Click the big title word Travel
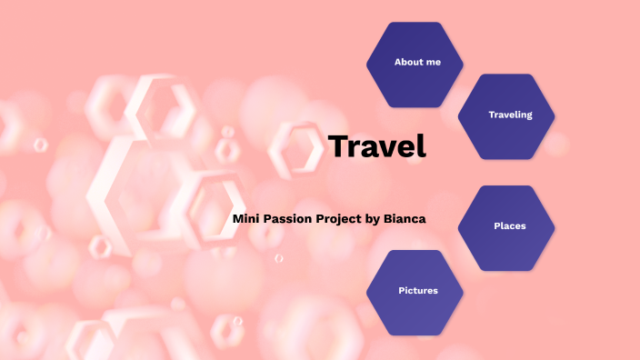[x=376, y=146]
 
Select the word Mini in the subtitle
[x=245, y=219]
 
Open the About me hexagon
[x=415, y=64]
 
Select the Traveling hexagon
[x=506, y=116]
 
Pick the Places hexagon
[x=506, y=227]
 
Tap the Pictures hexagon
[x=415, y=292]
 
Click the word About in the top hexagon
[x=407, y=62]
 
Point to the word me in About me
[x=433, y=62]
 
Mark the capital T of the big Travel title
[x=337, y=146]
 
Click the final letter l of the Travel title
[x=422, y=145]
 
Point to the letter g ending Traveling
[x=528, y=116]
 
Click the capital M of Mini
[x=238, y=219]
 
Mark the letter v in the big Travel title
[x=385, y=148]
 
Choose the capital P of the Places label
[x=496, y=225]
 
